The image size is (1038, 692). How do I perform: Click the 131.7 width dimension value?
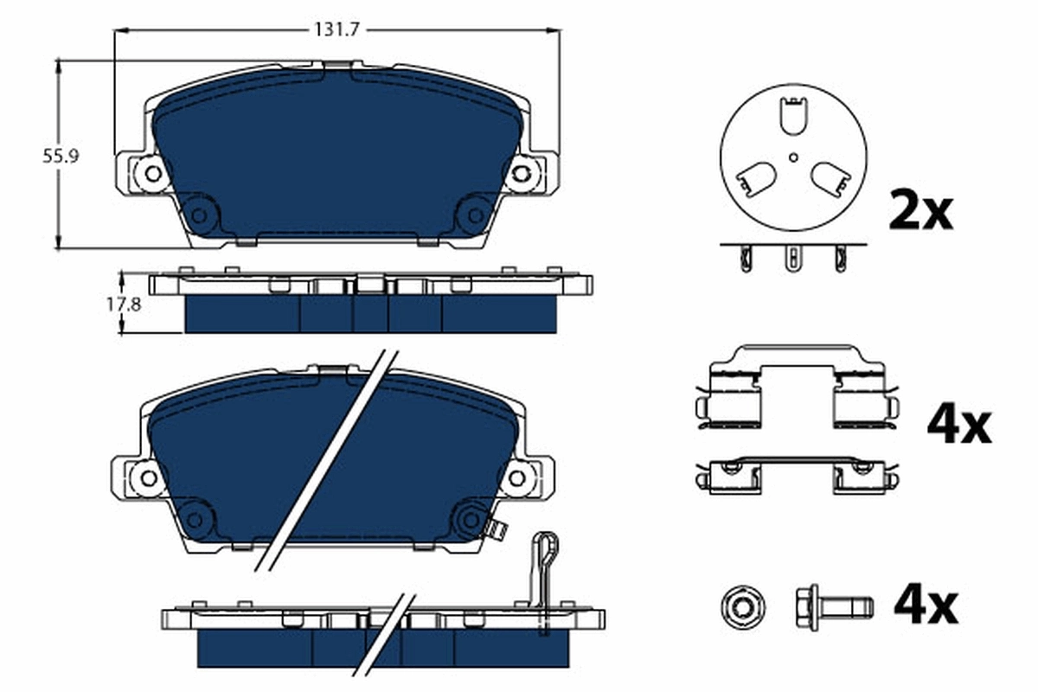coord(336,29)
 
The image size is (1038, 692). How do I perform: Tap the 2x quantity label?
coord(920,210)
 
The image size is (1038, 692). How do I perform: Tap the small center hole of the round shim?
coord(793,157)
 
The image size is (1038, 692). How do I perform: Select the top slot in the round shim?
coord(792,116)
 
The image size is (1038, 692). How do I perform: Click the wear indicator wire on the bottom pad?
coord(542,580)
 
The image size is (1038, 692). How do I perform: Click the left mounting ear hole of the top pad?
coord(153,173)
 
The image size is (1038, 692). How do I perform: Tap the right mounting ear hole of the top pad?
coord(521,173)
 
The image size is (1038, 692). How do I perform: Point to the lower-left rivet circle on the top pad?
coord(200,213)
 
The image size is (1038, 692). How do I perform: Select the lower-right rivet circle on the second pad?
coord(471,519)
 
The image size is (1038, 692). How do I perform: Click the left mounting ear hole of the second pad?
coord(148,477)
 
